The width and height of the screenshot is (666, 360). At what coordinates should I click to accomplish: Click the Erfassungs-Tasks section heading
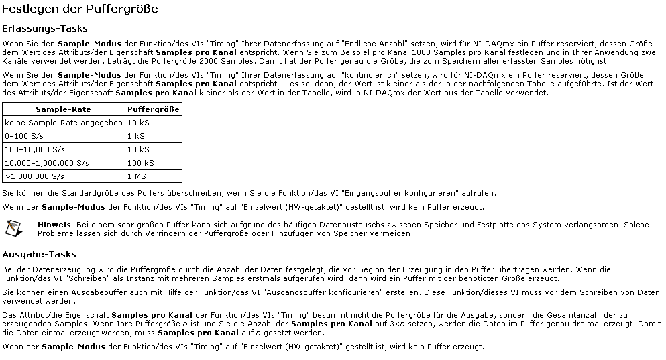45,29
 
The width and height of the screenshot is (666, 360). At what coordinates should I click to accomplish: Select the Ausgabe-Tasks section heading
39,255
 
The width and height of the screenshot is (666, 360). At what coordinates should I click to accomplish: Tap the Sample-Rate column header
63,109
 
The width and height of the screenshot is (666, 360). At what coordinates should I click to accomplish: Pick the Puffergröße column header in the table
153,109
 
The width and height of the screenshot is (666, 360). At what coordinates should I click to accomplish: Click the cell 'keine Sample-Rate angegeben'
63,123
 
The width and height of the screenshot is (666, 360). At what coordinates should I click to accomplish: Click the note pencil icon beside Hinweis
12,228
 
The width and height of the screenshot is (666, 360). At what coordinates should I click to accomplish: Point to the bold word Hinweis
54,224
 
